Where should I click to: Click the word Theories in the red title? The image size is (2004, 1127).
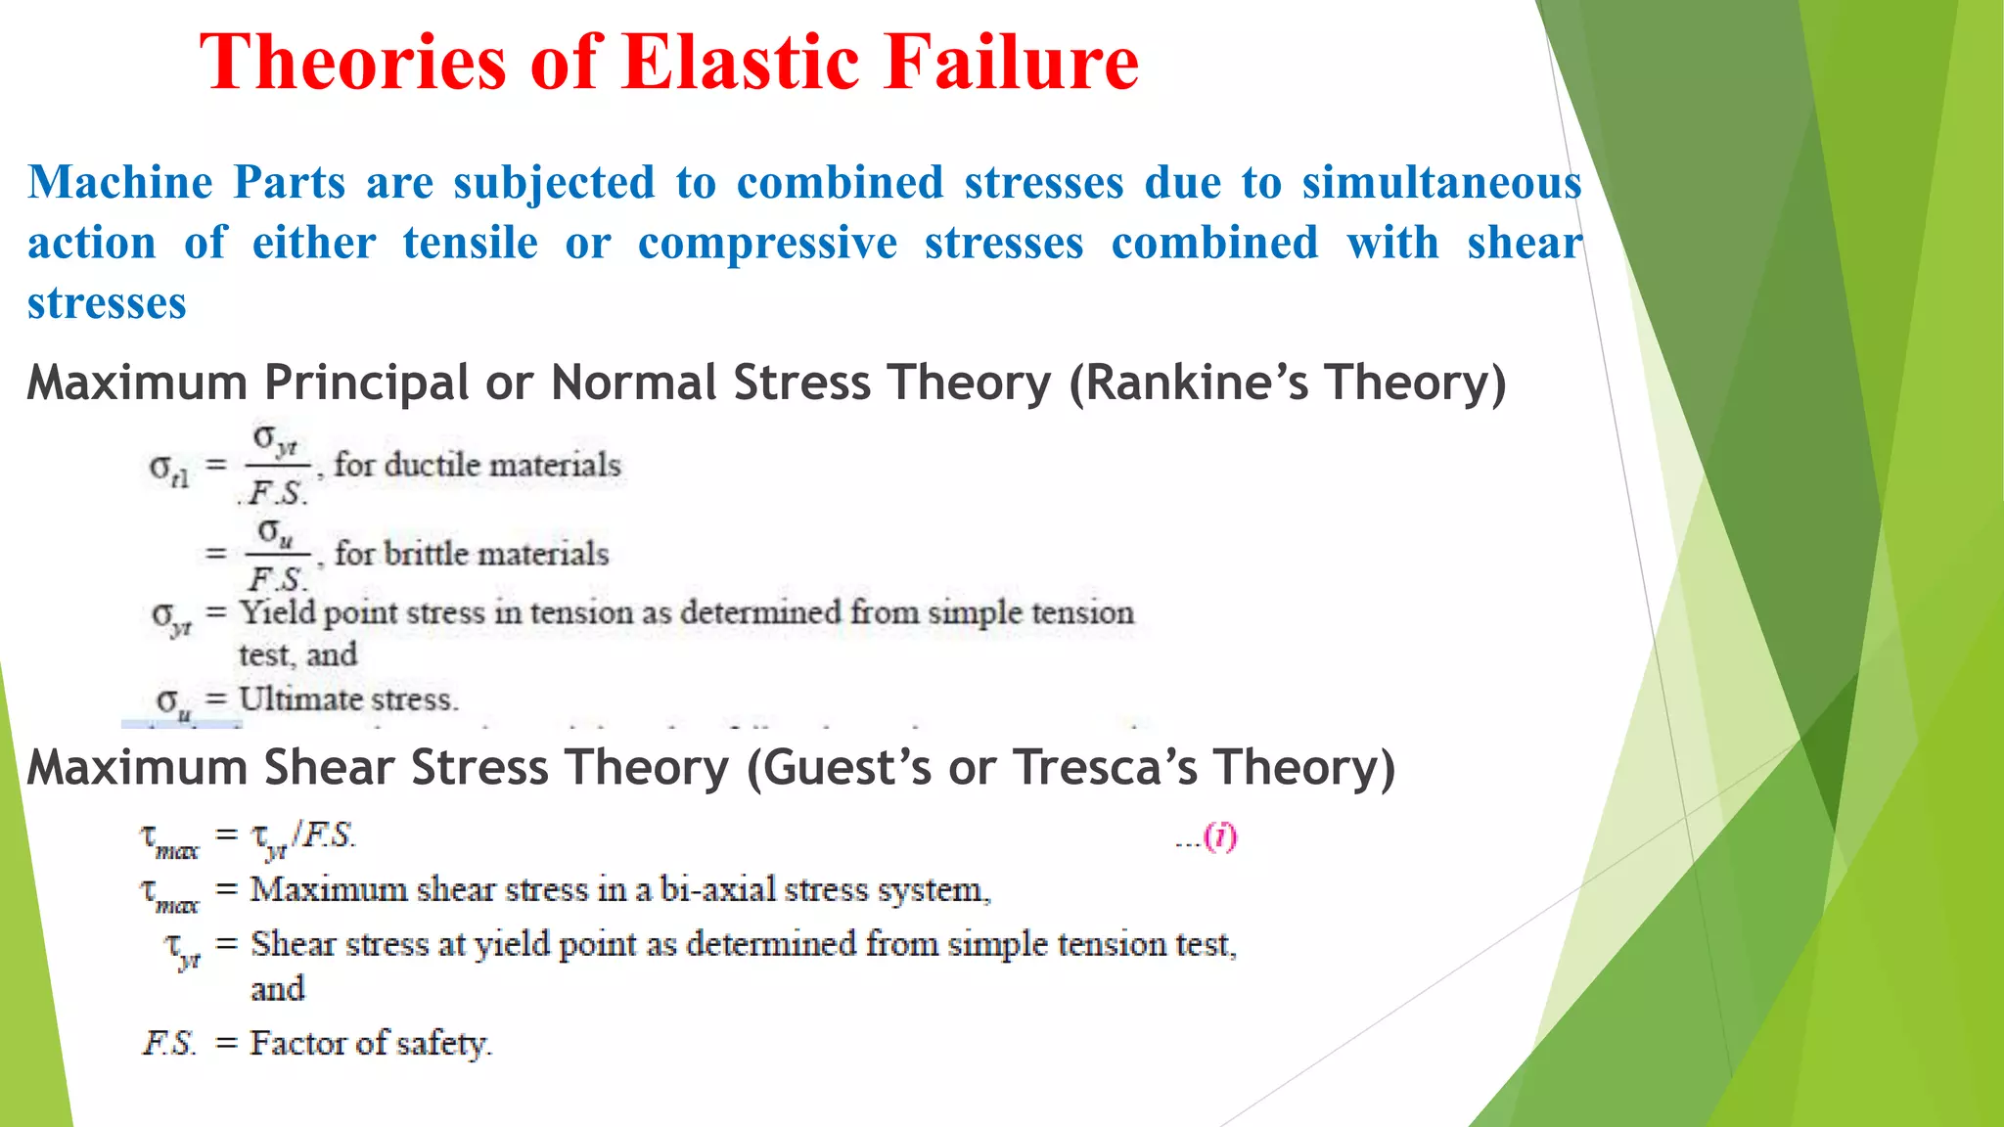[x=352, y=63]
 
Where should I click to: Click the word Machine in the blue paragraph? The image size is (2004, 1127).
[x=119, y=183]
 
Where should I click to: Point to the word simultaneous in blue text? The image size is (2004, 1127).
[x=1441, y=183]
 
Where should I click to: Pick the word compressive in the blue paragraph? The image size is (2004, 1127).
[x=767, y=244]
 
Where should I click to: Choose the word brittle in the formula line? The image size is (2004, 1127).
[x=426, y=554]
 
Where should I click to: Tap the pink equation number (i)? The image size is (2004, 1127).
[x=1220, y=837]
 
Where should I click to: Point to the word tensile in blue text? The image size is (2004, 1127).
[x=471, y=244]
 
